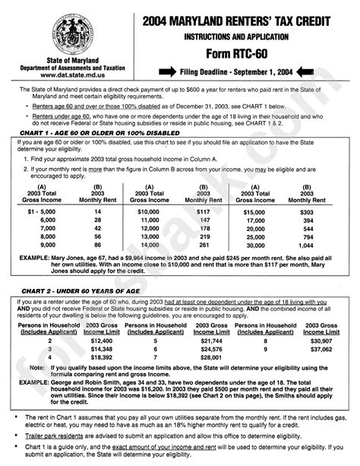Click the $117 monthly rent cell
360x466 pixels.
203,189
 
